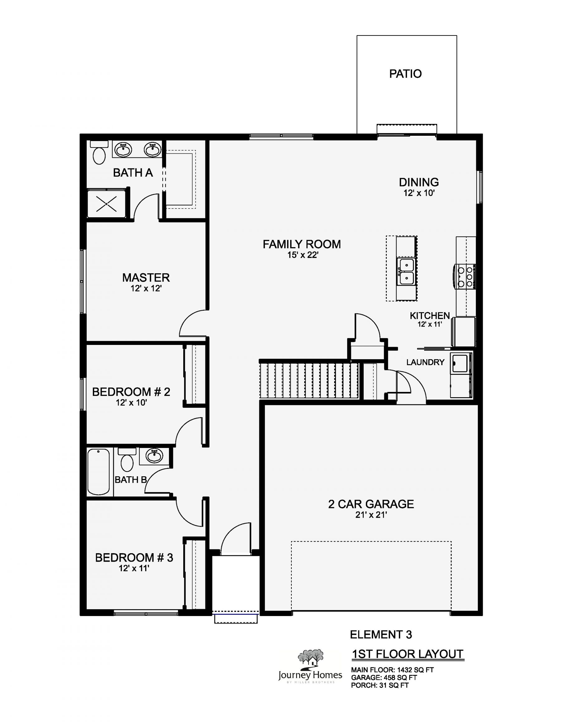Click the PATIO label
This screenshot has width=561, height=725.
pyautogui.click(x=405, y=74)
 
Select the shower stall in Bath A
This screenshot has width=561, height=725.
pyautogui.click(x=106, y=204)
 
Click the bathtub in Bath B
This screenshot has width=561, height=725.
pyautogui.click(x=98, y=472)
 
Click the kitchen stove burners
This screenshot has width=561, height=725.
pyautogui.click(x=465, y=276)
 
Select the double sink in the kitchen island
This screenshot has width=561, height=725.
pyautogui.click(x=406, y=272)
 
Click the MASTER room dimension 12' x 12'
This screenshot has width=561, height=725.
pyautogui.click(x=146, y=289)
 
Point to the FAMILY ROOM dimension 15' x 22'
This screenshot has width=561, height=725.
pyautogui.click(x=303, y=255)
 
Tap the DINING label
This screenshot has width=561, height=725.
pyautogui.click(x=419, y=182)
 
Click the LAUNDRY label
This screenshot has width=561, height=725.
pyautogui.click(x=425, y=362)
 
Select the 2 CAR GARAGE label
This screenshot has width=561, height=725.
pyautogui.click(x=371, y=504)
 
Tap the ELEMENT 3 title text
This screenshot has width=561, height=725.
pyautogui.click(x=381, y=635)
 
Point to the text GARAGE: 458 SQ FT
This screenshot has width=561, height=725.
pyautogui.click(x=384, y=678)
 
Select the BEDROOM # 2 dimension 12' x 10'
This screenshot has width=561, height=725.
pyautogui.click(x=131, y=403)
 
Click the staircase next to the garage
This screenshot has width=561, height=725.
pyautogui.click(x=309, y=380)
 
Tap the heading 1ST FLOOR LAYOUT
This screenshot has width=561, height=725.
pyautogui.click(x=407, y=654)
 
